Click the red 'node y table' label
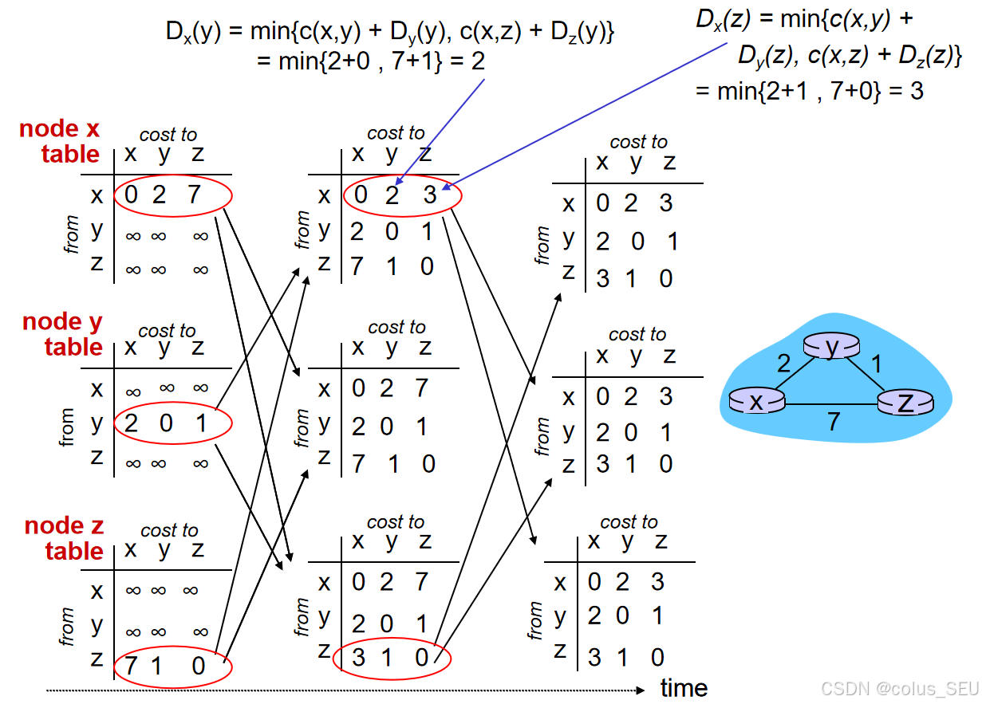click(63, 334)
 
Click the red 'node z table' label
click(65, 538)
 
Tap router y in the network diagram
click(832, 346)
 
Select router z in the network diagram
click(905, 403)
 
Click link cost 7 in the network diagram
click(834, 421)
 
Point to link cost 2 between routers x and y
click(783, 364)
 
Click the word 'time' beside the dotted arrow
click(684, 688)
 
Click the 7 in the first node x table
click(195, 195)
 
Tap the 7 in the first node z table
click(127, 665)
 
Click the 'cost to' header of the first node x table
click(168, 135)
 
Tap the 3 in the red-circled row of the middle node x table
click(430, 195)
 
